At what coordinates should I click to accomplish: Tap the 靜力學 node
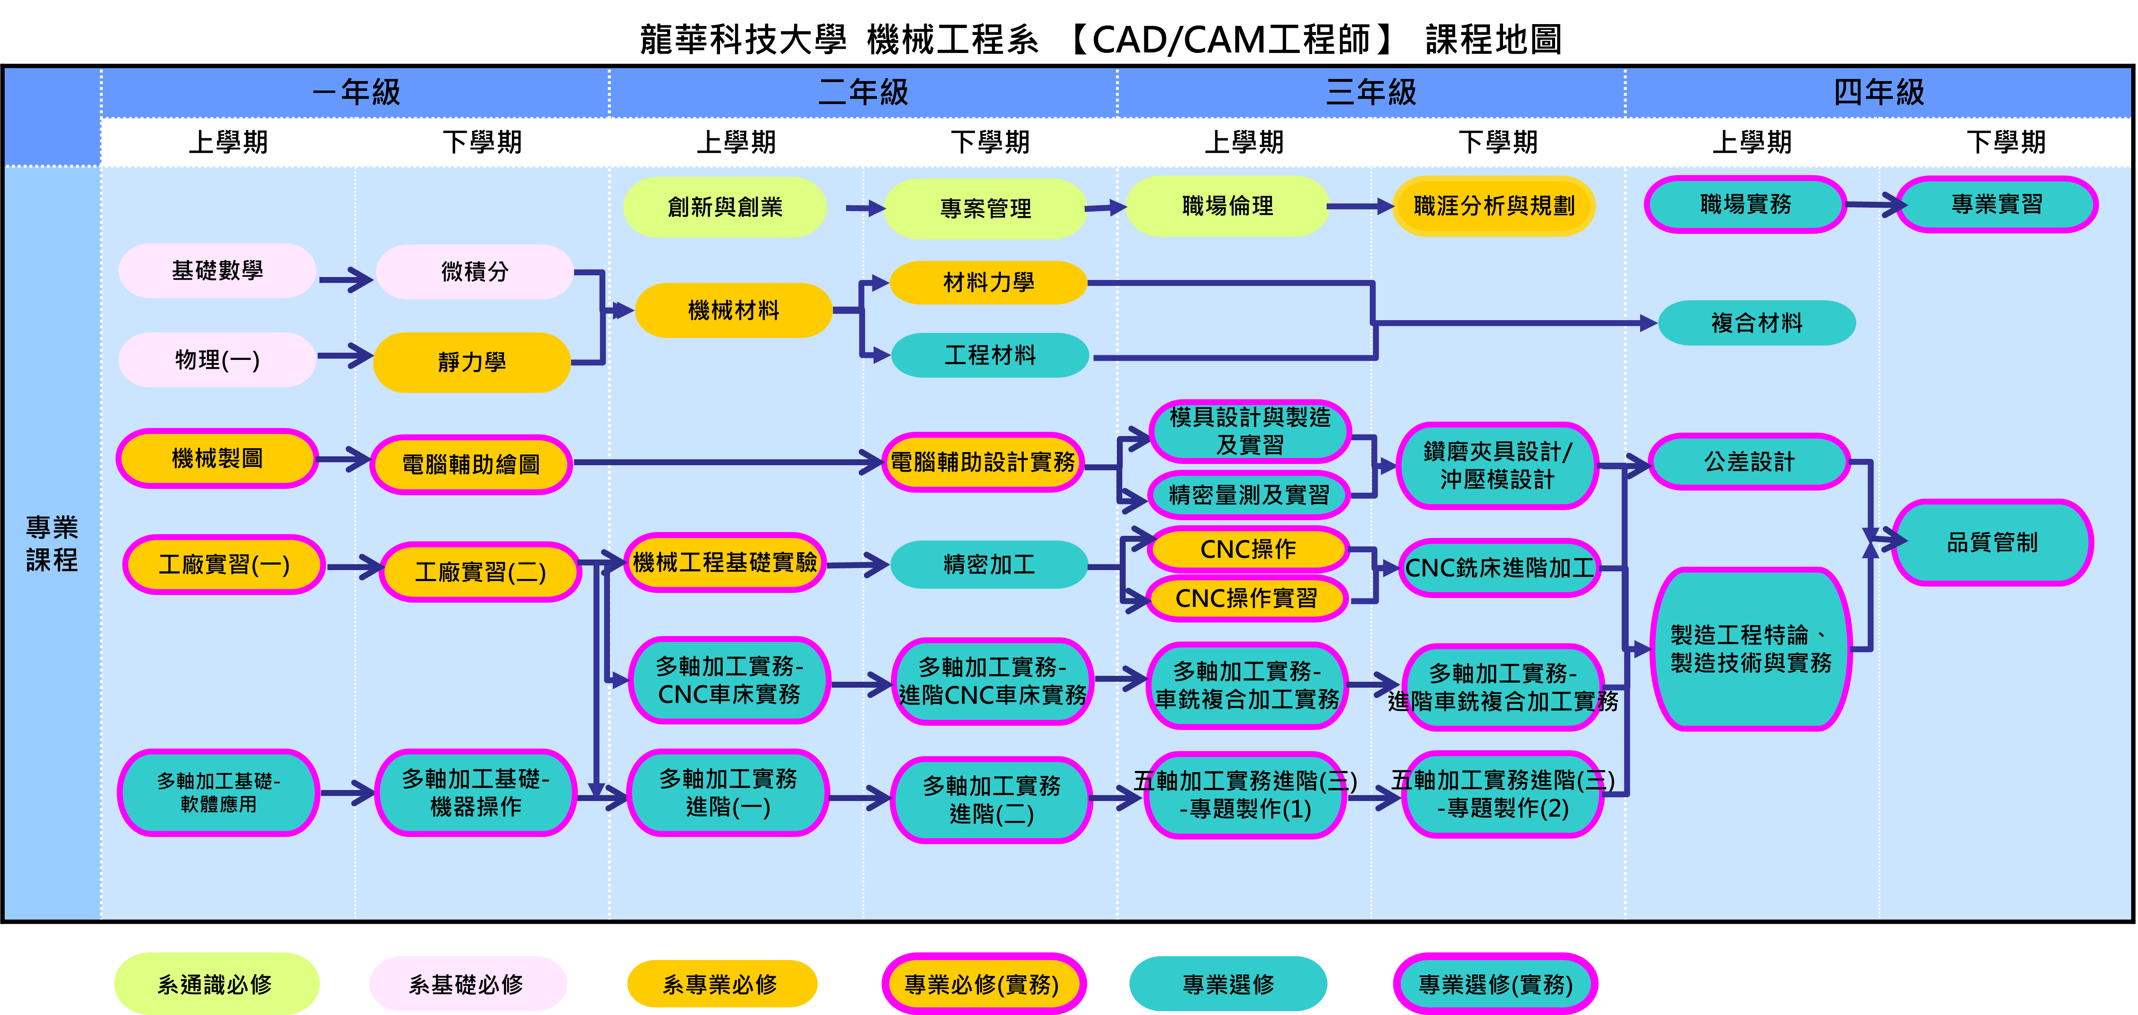click(471, 362)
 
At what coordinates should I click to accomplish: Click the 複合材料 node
click(1756, 323)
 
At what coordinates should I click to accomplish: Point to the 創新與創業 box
click(725, 207)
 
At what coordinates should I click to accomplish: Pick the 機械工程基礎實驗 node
click(725, 562)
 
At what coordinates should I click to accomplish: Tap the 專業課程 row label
click(52, 543)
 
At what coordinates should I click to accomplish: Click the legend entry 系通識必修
click(216, 984)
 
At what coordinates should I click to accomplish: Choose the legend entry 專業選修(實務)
click(1495, 984)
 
